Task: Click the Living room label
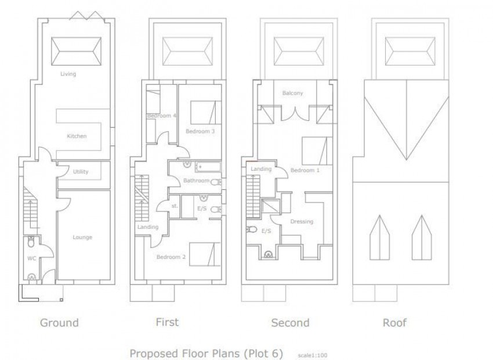tap(68, 74)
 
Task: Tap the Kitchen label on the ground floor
tap(77, 136)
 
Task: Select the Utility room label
tap(81, 171)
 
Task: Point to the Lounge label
tap(82, 237)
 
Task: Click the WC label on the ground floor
tap(32, 258)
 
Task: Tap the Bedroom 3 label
tap(200, 131)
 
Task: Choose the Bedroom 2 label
tap(171, 257)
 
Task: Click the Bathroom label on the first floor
tap(197, 181)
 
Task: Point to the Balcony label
tap(292, 93)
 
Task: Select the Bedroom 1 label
tap(305, 170)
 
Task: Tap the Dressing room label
tap(302, 222)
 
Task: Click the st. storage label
tap(175, 206)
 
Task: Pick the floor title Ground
tap(59, 323)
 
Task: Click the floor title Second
tap(290, 323)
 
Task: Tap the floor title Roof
tap(394, 323)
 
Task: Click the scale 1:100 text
tap(313, 355)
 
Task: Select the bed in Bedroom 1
tap(317, 151)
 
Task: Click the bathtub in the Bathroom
tap(208, 167)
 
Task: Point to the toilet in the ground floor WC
tap(31, 242)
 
